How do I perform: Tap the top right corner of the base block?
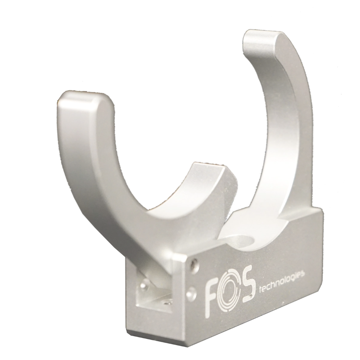pyautogui.click(x=322, y=212)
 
